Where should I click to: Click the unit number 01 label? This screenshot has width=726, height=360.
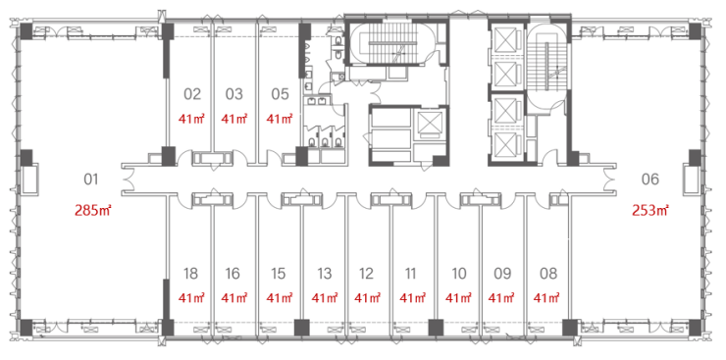(x=91, y=180)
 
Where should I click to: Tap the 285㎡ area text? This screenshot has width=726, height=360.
(x=93, y=211)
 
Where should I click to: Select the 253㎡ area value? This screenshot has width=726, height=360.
(x=650, y=211)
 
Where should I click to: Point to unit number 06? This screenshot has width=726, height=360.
(x=650, y=180)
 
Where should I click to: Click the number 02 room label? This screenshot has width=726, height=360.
(x=192, y=94)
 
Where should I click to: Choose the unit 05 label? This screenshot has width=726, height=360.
(x=281, y=94)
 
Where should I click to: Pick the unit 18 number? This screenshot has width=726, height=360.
(x=190, y=274)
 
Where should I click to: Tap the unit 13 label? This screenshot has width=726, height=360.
(x=325, y=274)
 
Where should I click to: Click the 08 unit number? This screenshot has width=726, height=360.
(x=548, y=274)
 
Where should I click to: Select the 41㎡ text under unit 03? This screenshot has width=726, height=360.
(x=234, y=119)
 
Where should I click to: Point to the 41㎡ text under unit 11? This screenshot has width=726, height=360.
(x=412, y=297)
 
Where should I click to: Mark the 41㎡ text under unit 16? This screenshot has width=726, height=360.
(x=234, y=297)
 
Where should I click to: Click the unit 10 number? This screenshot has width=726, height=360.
(x=458, y=274)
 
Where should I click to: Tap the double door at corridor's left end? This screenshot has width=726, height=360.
(x=129, y=180)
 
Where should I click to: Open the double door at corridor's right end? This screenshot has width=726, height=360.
(x=609, y=180)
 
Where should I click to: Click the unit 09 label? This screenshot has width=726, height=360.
(x=502, y=274)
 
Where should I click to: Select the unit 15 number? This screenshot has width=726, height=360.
(x=278, y=274)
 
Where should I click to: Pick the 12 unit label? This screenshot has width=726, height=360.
(x=366, y=274)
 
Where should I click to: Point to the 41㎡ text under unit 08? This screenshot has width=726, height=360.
(x=546, y=297)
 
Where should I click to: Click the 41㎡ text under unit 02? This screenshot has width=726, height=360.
(x=191, y=119)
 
